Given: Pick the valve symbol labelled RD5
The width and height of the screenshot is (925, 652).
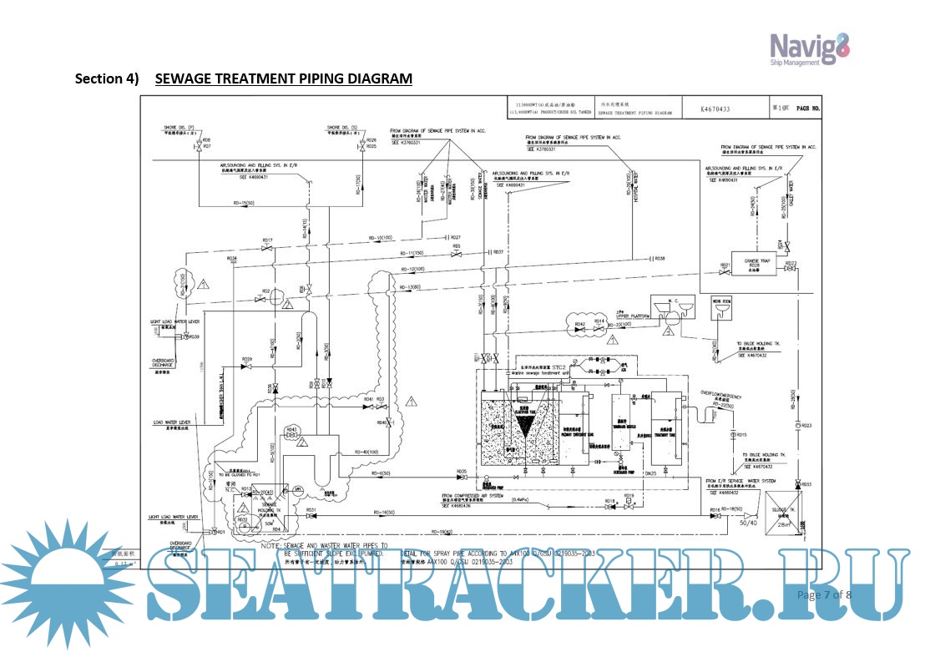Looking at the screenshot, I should (457, 254).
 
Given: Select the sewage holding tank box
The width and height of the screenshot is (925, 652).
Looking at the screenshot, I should (269, 511).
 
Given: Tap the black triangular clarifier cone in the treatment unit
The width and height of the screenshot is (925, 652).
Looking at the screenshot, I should (523, 427).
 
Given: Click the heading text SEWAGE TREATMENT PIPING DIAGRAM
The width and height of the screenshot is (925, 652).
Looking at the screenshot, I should (284, 79).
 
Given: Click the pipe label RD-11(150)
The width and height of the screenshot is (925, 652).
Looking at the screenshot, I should (414, 251).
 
